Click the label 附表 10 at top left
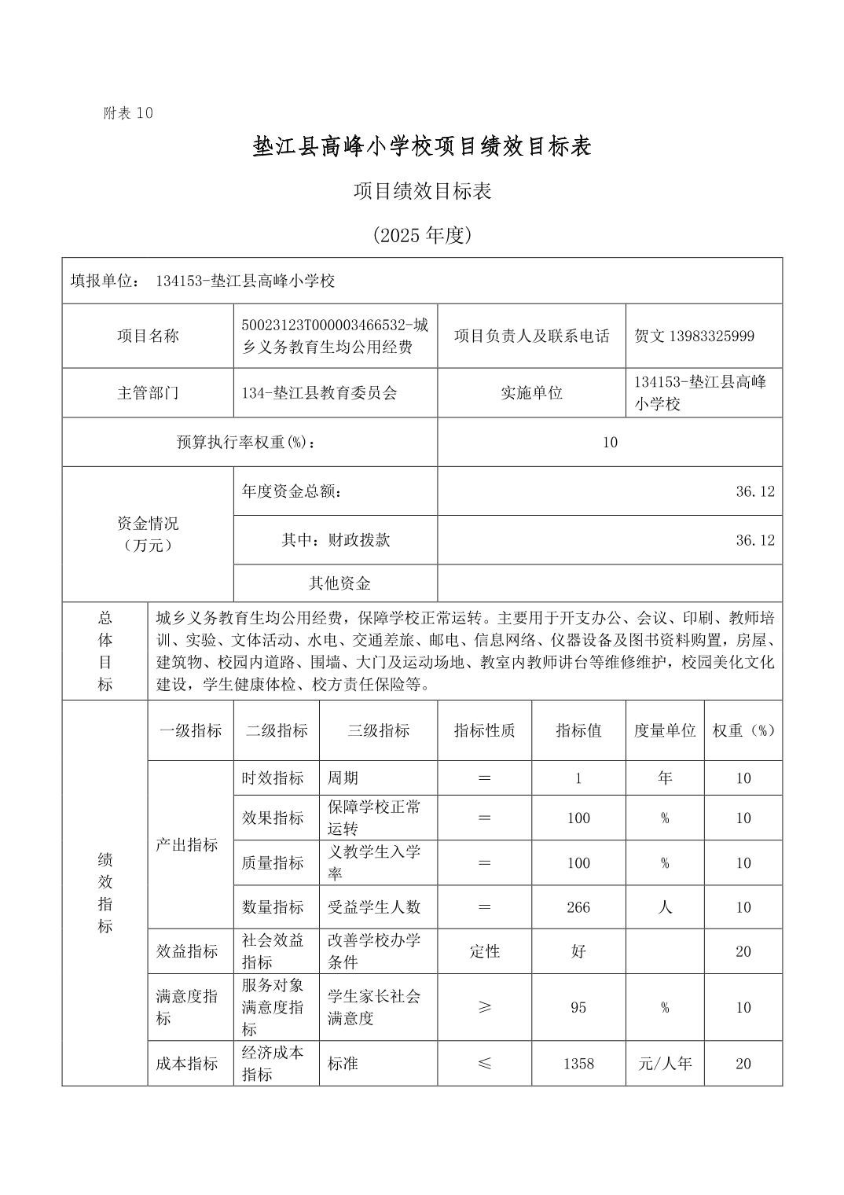pyautogui.click(x=128, y=113)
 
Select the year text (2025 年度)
pyautogui.click(x=422, y=235)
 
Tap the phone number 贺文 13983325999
pyautogui.click(x=695, y=336)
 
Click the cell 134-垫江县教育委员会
pyautogui.click(x=319, y=392)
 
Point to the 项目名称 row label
pyautogui.click(x=148, y=336)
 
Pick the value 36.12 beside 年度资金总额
pyautogui.click(x=754, y=491)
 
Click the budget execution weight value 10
pyautogui.click(x=610, y=442)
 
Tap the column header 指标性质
pyautogui.click(x=484, y=730)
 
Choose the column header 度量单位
pyautogui.click(x=665, y=730)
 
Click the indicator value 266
pyautogui.click(x=578, y=907)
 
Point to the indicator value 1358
pyautogui.click(x=578, y=1064)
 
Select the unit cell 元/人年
pyautogui.click(x=665, y=1064)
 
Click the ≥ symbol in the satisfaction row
pyautogui.click(x=484, y=1007)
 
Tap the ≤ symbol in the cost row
pyautogui.click(x=484, y=1064)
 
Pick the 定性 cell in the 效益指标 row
pyautogui.click(x=484, y=951)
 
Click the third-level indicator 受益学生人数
pyautogui.click(x=374, y=907)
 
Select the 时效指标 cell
pyautogui.click(x=273, y=778)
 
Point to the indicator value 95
pyautogui.click(x=578, y=1007)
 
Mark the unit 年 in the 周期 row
pyautogui.click(x=665, y=778)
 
